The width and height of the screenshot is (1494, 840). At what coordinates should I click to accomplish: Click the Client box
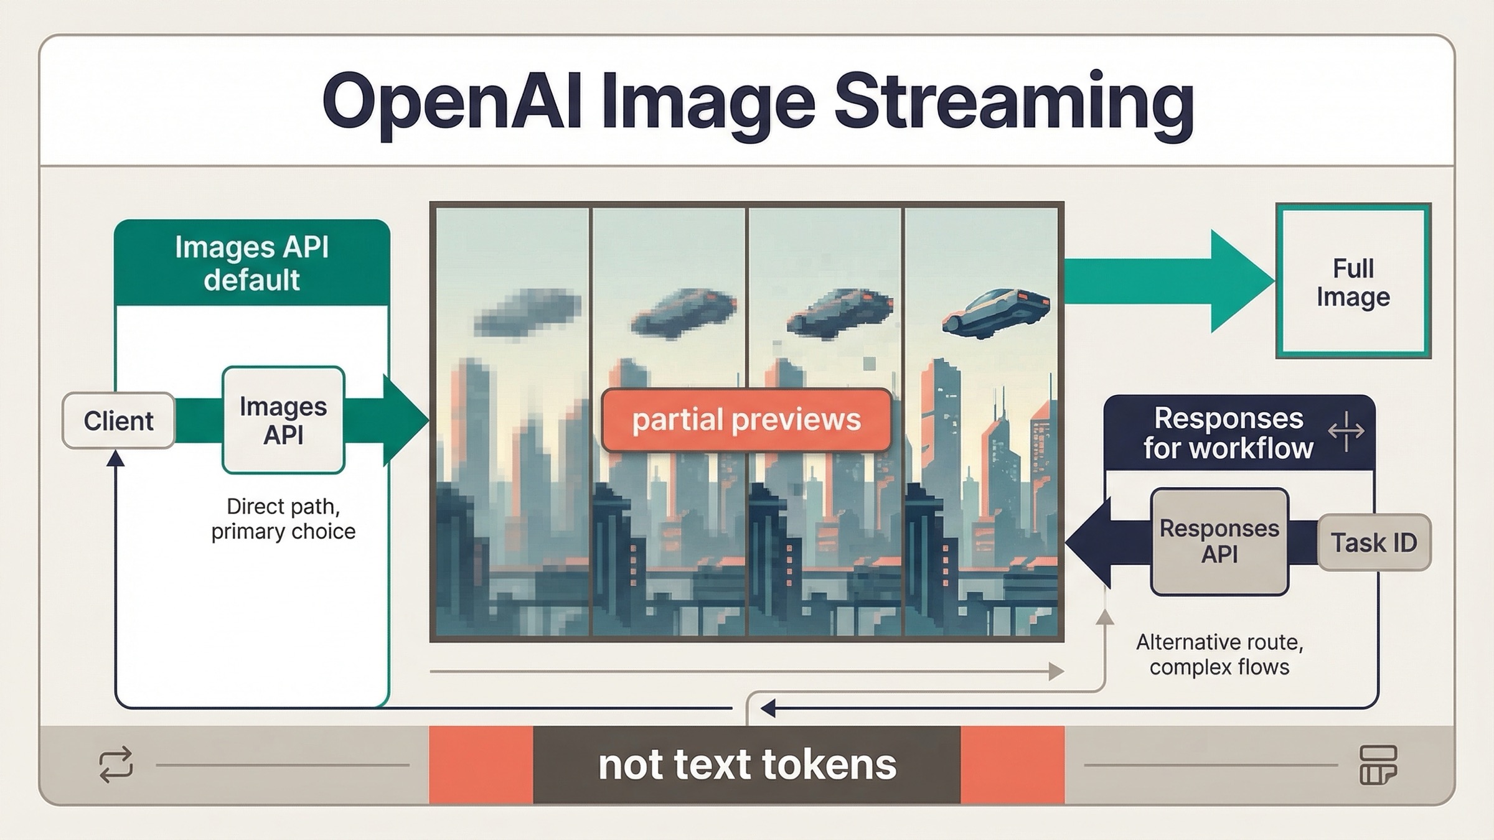[x=118, y=421]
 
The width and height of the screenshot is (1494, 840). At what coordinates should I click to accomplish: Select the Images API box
[x=283, y=421]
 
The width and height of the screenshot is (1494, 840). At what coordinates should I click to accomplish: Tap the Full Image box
[x=1353, y=282]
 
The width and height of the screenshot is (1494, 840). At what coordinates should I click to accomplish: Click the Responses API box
[x=1219, y=541]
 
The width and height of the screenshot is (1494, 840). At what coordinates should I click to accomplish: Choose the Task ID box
[x=1374, y=543]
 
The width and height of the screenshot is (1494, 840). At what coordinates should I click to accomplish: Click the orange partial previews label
[x=746, y=420]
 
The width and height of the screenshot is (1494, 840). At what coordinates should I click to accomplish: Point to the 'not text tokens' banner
[x=746, y=764]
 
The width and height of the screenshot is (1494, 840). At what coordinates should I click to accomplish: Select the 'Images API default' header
[x=251, y=263]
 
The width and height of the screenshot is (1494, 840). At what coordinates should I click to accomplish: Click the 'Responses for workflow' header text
[x=1228, y=433]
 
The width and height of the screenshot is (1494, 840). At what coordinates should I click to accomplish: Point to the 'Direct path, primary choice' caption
[x=283, y=519]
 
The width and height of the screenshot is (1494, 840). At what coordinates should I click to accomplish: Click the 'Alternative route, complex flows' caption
[x=1219, y=655]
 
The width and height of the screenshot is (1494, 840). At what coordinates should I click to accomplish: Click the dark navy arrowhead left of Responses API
[x=1089, y=542]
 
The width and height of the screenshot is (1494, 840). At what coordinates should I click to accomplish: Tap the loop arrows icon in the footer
[x=116, y=764]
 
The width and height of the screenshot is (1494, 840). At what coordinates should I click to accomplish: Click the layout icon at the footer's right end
[x=1378, y=765]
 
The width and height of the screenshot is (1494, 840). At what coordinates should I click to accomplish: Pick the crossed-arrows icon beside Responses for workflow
[x=1346, y=431]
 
